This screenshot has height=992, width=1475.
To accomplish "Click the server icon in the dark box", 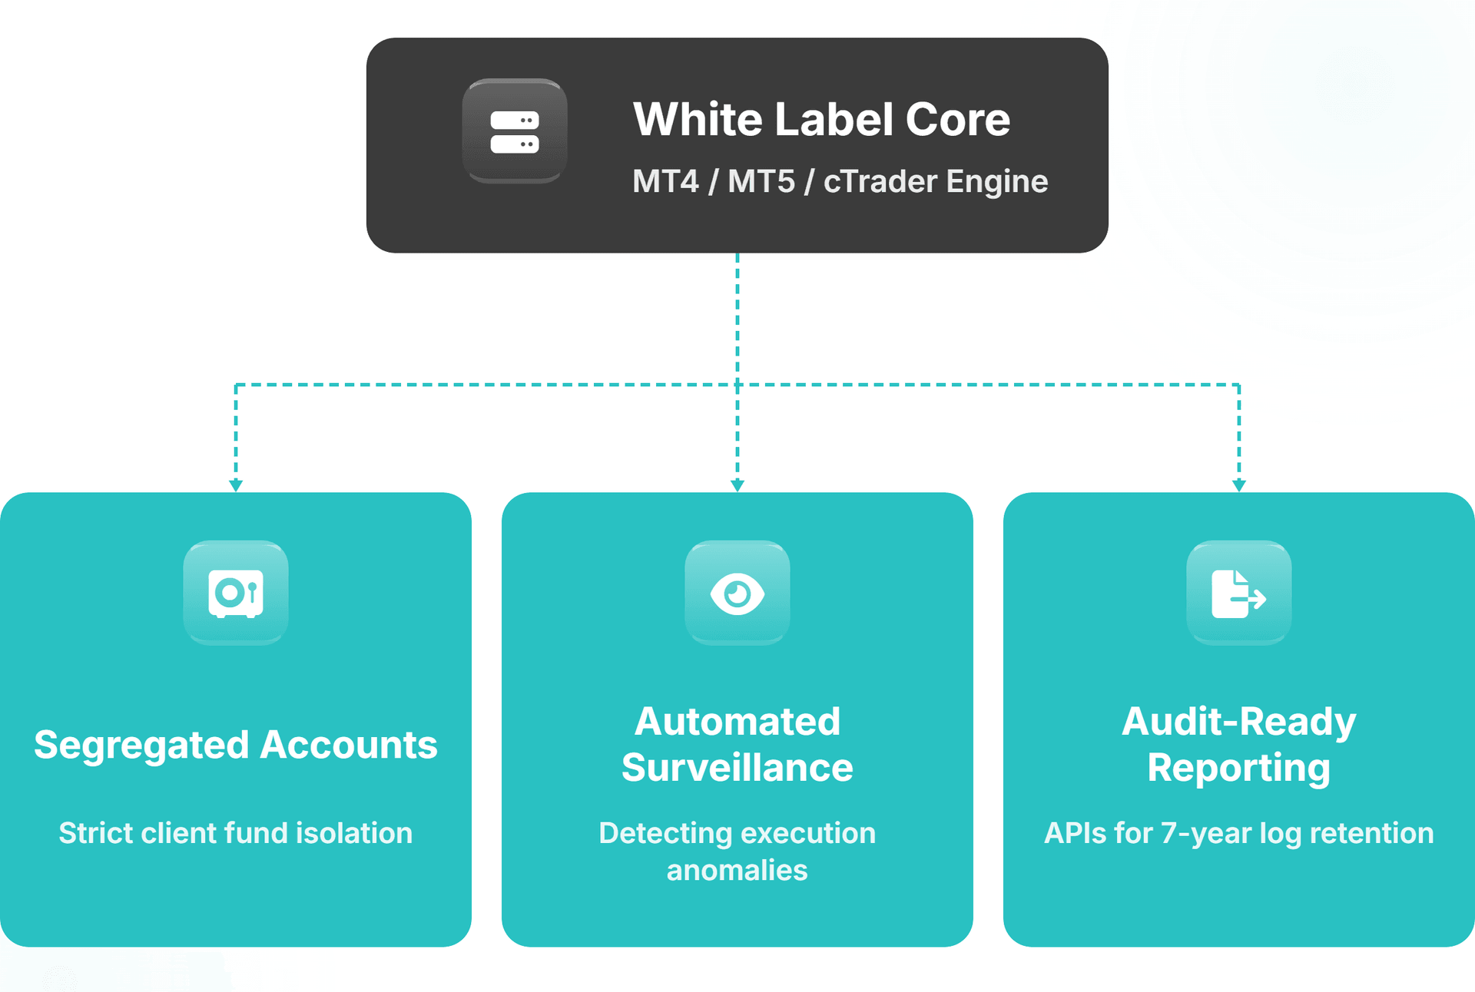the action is click(515, 132).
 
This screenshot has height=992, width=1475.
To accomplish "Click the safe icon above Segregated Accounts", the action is click(236, 593).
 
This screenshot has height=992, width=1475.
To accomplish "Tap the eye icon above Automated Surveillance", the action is click(737, 594).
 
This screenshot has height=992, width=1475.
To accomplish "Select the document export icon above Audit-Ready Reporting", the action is click(1238, 594).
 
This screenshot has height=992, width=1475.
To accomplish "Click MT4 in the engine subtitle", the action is click(665, 182).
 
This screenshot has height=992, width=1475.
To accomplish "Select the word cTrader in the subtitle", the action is click(880, 182).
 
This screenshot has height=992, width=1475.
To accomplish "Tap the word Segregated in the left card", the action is click(141, 746).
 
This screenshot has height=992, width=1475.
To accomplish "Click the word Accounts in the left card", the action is click(349, 745).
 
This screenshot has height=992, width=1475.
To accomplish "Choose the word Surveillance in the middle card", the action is click(737, 768).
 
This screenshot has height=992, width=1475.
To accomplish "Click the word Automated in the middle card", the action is click(737, 722).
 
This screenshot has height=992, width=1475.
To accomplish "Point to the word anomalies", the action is click(737, 871).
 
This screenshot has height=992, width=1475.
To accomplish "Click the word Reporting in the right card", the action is click(1238, 769).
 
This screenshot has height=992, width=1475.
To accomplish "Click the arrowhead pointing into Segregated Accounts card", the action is click(236, 485).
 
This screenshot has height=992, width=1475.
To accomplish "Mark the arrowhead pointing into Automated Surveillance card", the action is click(737, 485).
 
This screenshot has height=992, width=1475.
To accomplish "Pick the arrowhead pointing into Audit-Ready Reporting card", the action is click(1238, 485).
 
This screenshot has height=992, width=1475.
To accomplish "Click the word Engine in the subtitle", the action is click(996, 182).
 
